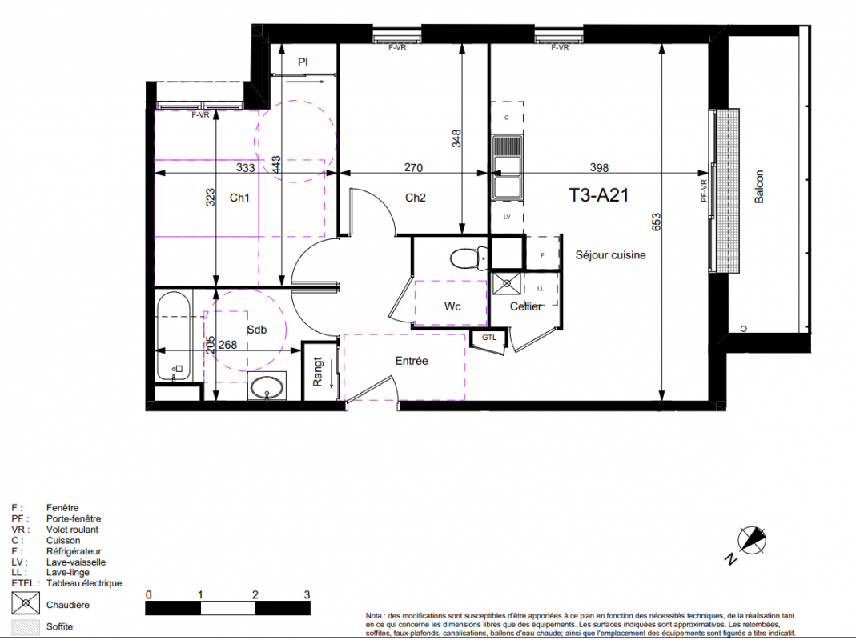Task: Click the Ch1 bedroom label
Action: pos(239,198)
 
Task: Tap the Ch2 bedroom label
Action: pos(415,198)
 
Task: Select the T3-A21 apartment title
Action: pos(598,194)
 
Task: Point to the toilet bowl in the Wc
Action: pos(468,258)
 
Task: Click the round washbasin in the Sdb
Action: pos(267,387)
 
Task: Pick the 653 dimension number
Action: pos(656,222)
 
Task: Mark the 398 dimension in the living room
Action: pos(599,167)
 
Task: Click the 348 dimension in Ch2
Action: pos(456,138)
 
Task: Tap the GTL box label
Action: pos(489,338)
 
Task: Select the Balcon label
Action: pos(759,186)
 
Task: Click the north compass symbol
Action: pos(752,540)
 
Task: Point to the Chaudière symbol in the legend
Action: pos(26,603)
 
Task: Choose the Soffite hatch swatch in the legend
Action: pos(26,627)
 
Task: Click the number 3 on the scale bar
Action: pos(307,594)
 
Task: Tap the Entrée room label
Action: pos(411,361)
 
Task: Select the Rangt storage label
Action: pos(318,372)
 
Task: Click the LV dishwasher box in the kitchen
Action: pos(507,217)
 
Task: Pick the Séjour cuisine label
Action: pos(610,254)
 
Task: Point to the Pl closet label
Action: pos(303,62)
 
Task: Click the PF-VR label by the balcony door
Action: pos(704,191)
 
